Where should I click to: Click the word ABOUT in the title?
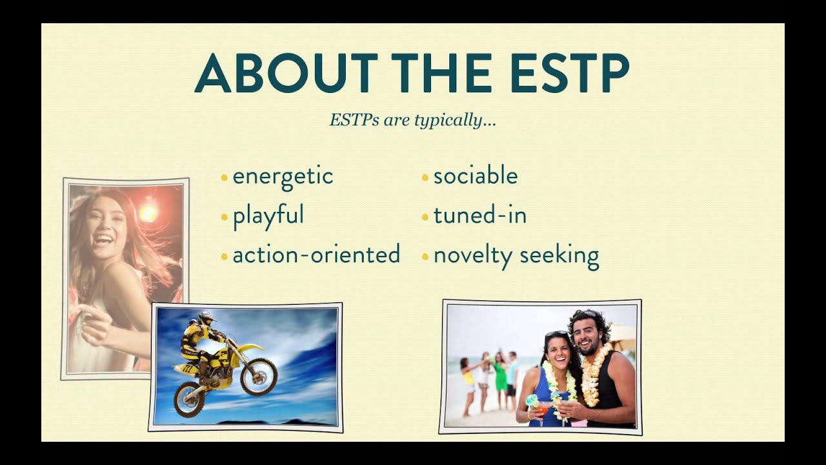click(286, 73)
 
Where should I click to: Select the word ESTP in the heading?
click(570, 73)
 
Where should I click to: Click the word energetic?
click(283, 177)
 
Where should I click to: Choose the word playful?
click(268, 216)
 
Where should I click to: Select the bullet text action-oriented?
click(316, 254)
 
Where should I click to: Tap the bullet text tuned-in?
click(480, 215)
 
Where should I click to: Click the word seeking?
click(559, 256)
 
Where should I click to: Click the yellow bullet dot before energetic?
click(224, 178)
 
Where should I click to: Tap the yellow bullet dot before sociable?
click(425, 178)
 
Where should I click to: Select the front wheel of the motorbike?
click(259, 377)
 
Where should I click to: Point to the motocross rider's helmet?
click(206, 318)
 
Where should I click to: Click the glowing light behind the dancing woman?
click(148, 213)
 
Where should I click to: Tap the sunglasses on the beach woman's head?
click(556, 335)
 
